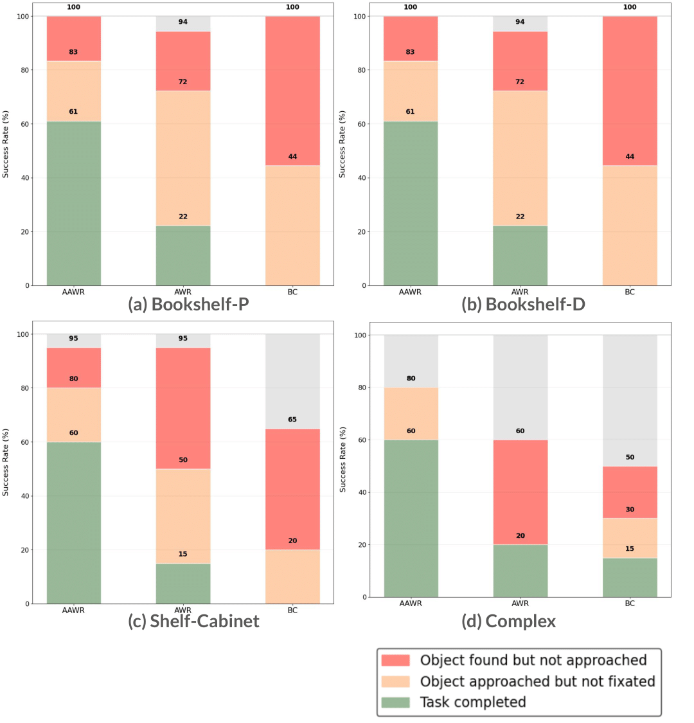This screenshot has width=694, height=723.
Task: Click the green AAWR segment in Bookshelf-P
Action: point(73,203)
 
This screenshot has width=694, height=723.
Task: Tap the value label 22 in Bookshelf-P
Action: point(183,217)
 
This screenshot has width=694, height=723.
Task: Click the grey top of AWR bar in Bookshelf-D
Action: point(520,24)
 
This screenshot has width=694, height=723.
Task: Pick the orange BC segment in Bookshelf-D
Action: point(630,225)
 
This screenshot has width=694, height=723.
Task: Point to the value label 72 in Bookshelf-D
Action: point(520,82)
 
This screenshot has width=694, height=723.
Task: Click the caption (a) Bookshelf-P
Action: point(188,304)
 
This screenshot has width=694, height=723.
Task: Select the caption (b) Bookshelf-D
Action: point(523,304)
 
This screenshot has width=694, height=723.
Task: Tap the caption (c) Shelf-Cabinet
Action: point(193,621)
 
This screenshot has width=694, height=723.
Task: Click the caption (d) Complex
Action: point(508,621)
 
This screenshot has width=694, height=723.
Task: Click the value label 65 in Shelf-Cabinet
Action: point(292,420)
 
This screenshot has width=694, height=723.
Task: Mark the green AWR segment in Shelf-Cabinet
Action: point(183,584)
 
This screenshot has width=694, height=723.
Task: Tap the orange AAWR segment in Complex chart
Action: point(411,413)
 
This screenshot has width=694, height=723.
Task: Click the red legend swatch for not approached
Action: point(395,660)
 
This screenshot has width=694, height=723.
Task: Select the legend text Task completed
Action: point(473,702)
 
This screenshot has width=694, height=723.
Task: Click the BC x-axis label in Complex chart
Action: point(630,603)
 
